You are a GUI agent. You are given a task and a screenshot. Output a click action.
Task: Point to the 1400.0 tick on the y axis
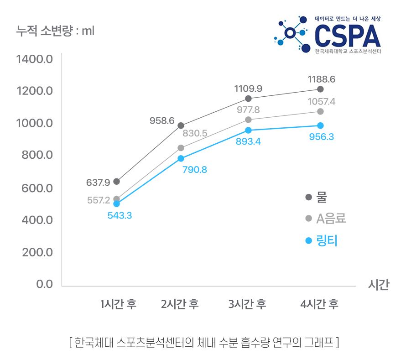35,59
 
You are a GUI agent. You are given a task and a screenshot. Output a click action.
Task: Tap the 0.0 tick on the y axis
44,284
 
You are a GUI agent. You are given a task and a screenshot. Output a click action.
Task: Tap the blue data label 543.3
120,215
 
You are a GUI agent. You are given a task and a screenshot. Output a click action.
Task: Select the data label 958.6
162,121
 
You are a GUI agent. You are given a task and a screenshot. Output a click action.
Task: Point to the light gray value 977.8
248,110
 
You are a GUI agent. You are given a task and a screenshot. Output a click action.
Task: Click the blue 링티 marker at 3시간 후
248,130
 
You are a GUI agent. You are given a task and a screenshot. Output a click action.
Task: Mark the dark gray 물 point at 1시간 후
116,182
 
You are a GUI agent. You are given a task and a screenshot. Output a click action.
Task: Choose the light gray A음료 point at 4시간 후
320,111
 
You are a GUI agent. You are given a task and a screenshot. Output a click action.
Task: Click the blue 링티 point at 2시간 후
181,158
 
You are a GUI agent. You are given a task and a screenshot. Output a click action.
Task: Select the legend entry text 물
322,197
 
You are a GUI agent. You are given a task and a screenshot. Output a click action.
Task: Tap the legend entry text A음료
331,219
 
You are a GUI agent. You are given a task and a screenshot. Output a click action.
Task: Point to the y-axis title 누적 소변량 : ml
55,31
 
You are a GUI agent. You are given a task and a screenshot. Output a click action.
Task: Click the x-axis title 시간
378,285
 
